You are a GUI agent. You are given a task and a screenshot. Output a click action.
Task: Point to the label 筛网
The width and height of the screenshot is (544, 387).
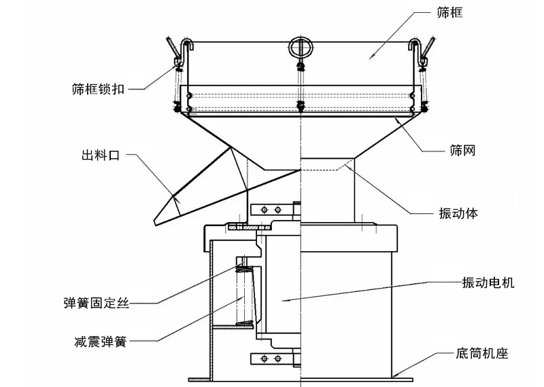click(x=462, y=151)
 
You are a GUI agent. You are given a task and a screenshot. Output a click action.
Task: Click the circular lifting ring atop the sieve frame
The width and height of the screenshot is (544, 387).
click(x=300, y=45)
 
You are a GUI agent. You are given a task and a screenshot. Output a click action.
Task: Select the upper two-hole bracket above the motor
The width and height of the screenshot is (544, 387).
click(x=269, y=208)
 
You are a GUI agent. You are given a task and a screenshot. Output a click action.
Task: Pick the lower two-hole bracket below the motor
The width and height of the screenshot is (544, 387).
click(x=269, y=358)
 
